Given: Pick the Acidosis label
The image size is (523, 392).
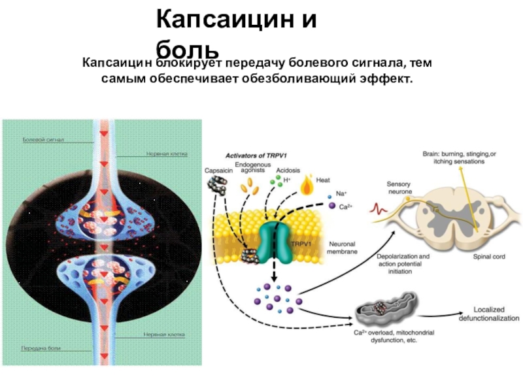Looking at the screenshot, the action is [x=288, y=171].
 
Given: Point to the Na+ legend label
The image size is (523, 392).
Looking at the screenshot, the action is [x=341, y=194].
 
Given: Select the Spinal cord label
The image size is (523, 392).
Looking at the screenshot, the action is [x=489, y=257].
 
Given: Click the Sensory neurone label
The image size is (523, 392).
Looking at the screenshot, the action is [x=399, y=188].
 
